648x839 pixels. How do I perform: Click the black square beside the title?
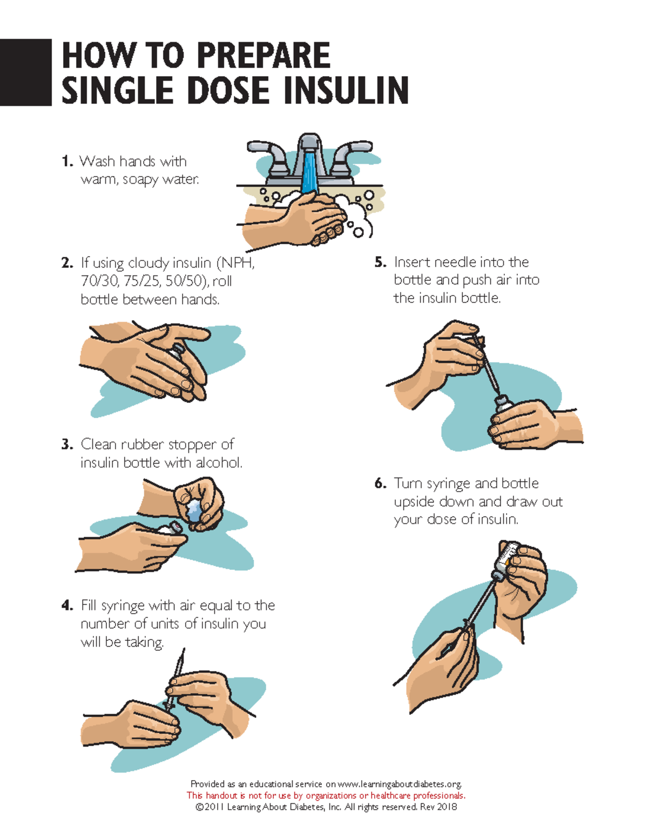click(25, 72)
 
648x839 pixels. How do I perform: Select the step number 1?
click(66, 162)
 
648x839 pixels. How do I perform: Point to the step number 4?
click(67, 606)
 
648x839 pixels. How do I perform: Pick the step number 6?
click(380, 484)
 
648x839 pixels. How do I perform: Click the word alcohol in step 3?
click(219, 463)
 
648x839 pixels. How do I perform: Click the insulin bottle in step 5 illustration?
click(502, 408)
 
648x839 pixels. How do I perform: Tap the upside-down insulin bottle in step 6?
click(507, 556)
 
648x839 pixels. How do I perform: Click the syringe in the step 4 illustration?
click(174, 681)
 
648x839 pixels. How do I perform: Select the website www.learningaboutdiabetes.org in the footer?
click(399, 784)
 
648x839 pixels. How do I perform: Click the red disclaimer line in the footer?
click(326, 795)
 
